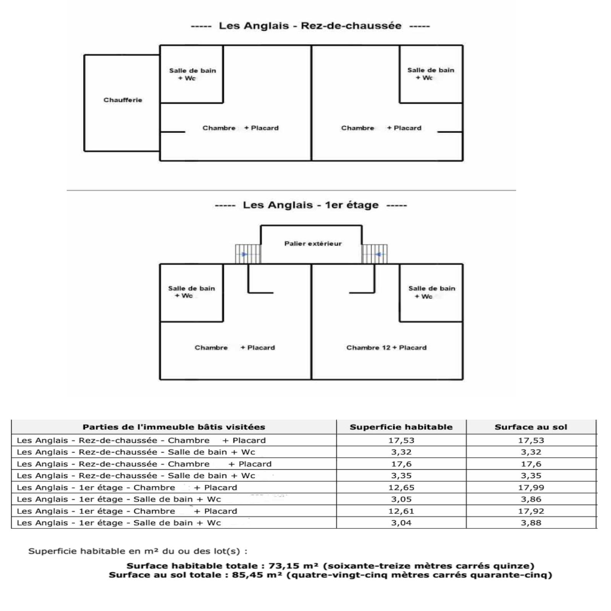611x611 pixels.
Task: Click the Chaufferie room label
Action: tap(123, 100)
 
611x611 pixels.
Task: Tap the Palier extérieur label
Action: tap(313, 244)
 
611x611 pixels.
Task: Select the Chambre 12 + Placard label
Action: tap(386, 348)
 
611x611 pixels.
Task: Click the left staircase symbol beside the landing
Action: tap(248, 254)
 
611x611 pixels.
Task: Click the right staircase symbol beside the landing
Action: tap(375, 254)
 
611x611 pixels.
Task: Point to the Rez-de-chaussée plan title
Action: tap(310, 26)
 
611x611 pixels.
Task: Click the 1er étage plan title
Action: tap(311, 205)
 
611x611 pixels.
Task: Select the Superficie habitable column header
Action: tap(401, 427)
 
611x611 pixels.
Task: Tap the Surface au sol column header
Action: tap(531, 427)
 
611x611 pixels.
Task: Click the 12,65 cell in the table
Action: tap(401, 487)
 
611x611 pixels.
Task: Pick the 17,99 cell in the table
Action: tap(531, 487)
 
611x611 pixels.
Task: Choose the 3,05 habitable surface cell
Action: tap(401, 499)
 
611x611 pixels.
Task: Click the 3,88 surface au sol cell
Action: tap(531, 523)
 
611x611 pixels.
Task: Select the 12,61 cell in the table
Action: tap(401, 511)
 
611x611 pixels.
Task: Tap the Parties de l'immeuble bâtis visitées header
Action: tap(174, 427)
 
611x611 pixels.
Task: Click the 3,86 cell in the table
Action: tap(531, 499)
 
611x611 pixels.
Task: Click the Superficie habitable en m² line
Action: tap(137, 551)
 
